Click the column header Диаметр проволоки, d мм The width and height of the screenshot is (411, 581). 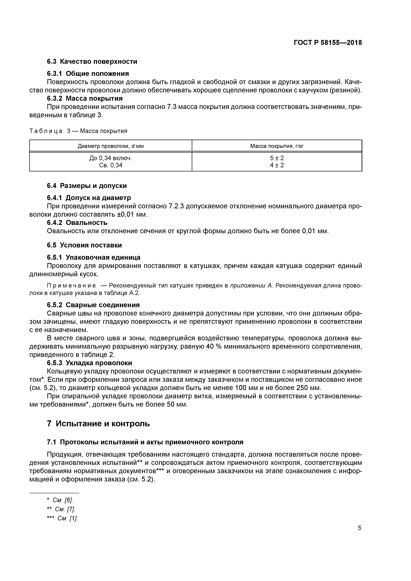coord(111,146)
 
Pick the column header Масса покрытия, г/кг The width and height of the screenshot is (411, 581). coord(277,146)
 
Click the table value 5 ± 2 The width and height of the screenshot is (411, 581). coord(277,158)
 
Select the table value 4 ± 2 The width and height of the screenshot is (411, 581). coord(277,165)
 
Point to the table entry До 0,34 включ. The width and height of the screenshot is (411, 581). coord(111,158)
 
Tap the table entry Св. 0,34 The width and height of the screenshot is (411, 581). coord(111,165)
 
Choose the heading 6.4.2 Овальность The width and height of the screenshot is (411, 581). coord(77,223)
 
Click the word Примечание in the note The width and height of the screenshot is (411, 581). coord(71,286)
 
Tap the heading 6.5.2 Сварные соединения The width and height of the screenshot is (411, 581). coord(93,305)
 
